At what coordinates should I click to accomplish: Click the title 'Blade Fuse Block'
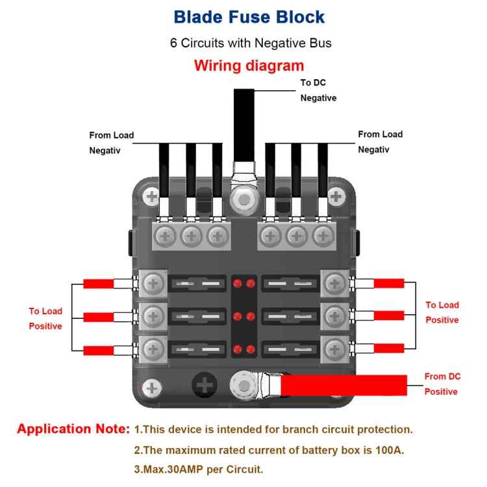(249, 17)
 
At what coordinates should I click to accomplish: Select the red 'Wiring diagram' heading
(249, 66)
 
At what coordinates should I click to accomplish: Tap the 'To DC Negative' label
(318, 90)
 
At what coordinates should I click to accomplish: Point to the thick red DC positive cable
(344, 385)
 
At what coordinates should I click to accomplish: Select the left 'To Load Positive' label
(45, 318)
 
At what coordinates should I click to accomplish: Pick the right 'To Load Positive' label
(442, 312)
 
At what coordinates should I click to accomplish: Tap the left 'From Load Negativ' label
(111, 142)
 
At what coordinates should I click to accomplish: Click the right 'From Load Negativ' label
(380, 142)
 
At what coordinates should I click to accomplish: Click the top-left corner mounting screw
(152, 195)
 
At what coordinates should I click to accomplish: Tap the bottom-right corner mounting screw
(336, 388)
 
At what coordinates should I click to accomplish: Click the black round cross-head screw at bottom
(205, 386)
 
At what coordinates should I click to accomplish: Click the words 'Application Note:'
(73, 429)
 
